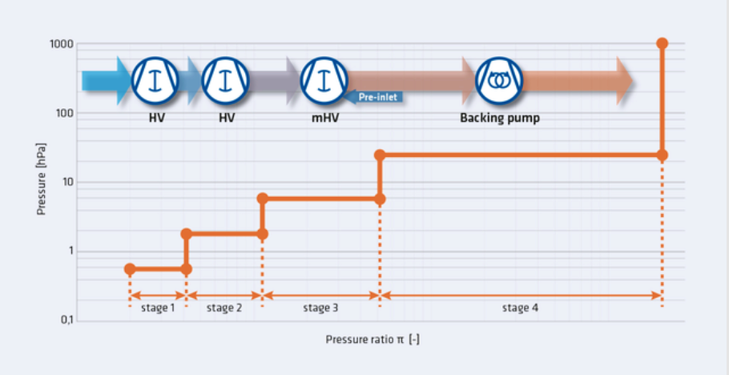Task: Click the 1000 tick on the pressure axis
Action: tap(61, 44)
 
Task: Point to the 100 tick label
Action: tap(64, 113)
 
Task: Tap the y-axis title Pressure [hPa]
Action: tap(41, 179)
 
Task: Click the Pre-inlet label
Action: tap(377, 98)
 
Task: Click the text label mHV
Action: tap(325, 118)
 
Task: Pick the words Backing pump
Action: tap(500, 119)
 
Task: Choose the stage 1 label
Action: tap(158, 308)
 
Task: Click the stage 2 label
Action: tap(224, 308)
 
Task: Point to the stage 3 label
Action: tap(320, 308)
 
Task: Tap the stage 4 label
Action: tap(520, 308)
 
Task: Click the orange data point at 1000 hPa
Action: tap(662, 44)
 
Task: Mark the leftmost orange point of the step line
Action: tap(130, 269)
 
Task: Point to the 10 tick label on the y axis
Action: tap(67, 183)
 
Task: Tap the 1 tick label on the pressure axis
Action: tap(70, 252)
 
